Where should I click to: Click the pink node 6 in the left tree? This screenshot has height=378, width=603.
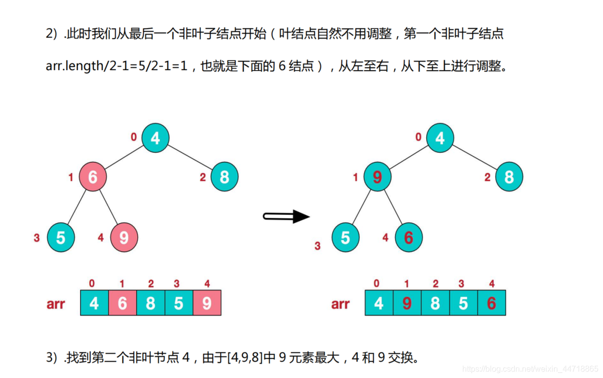click(93, 177)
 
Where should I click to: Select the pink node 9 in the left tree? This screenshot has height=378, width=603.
click(124, 237)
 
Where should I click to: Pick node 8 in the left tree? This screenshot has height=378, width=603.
click(224, 177)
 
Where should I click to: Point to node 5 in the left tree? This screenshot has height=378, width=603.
click(61, 237)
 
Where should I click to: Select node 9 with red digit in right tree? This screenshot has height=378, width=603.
click(377, 177)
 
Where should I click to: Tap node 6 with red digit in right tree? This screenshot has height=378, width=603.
click(409, 237)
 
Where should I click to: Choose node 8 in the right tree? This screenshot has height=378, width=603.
click(509, 177)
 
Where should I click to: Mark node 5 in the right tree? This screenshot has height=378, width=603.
click(345, 237)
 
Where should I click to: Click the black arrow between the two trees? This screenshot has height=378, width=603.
click(286, 217)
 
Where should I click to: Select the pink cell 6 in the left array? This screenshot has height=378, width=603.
click(122, 303)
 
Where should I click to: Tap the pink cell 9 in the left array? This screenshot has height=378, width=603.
click(207, 303)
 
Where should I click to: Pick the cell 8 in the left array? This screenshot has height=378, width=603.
click(150, 303)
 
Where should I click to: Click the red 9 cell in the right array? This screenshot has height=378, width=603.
click(407, 303)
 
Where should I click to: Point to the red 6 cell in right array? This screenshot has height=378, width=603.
click(491, 303)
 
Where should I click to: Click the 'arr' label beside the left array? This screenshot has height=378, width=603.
click(56, 303)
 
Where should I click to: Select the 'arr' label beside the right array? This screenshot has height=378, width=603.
click(341, 303)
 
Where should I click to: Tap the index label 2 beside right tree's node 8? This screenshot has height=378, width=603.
click(487, 177)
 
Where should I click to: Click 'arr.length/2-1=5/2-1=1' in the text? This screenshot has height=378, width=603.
click(116, 66)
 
